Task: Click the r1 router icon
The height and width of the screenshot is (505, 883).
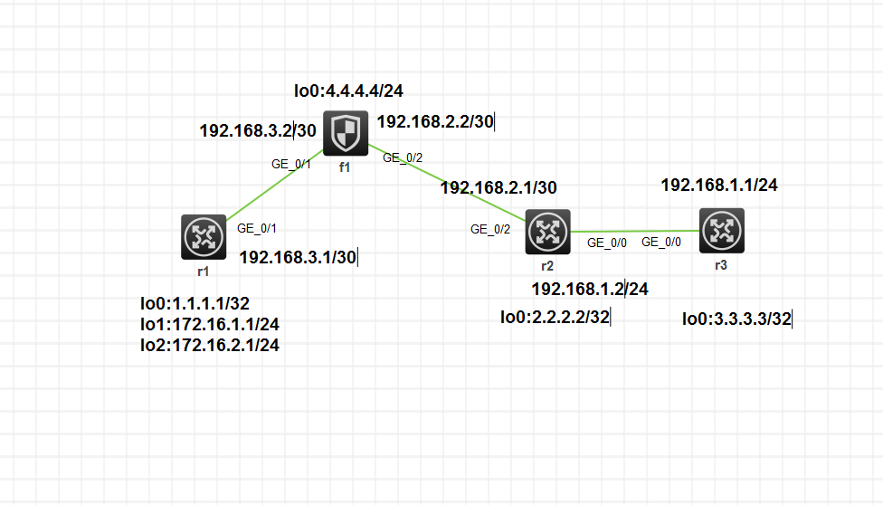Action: (203, 237)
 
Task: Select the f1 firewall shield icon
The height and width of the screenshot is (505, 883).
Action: (346, 134)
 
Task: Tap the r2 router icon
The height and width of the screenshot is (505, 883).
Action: (547, 232)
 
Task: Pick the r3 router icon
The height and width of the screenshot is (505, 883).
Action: (721, 231)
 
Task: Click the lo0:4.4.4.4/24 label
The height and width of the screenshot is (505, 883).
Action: (348, 91)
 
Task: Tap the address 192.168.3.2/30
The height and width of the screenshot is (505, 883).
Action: (258, 131)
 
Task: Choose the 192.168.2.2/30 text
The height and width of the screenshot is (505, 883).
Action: (434, 121)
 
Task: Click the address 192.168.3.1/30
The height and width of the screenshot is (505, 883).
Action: (298, 258)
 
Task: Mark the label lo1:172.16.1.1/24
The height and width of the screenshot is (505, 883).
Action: (210, 324)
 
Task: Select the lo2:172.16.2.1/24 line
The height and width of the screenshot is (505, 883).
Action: (210, 345)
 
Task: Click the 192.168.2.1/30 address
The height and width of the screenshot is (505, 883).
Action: (498, 188)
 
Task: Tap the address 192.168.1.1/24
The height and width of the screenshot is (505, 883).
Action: (719, 186)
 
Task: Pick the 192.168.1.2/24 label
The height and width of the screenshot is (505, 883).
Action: (589, 290)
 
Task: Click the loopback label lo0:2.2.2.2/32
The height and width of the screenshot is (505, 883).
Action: (555, 317)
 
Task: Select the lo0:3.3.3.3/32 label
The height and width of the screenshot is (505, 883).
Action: (736, 319)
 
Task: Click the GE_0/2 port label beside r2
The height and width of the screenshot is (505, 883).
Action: (490, 229)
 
